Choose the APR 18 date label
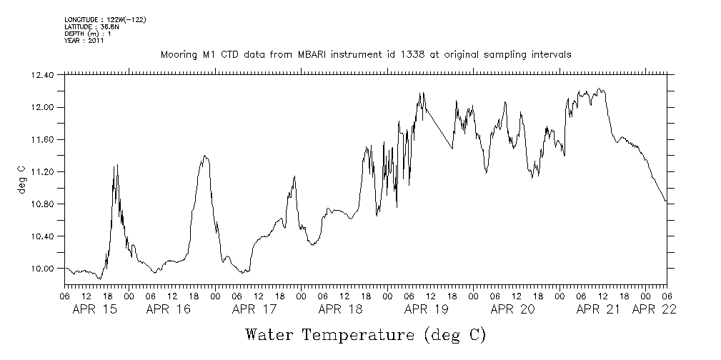click(x=340, y=309)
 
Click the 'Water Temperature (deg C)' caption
click(x=365, y=334)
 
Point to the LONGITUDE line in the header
click(x=104, y=19)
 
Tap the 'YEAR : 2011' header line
click(x=84, y=41)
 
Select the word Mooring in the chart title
click(x=179, y=55)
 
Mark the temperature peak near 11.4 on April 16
click(x=205, y=156)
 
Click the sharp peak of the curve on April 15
click(x=116, y=165)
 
